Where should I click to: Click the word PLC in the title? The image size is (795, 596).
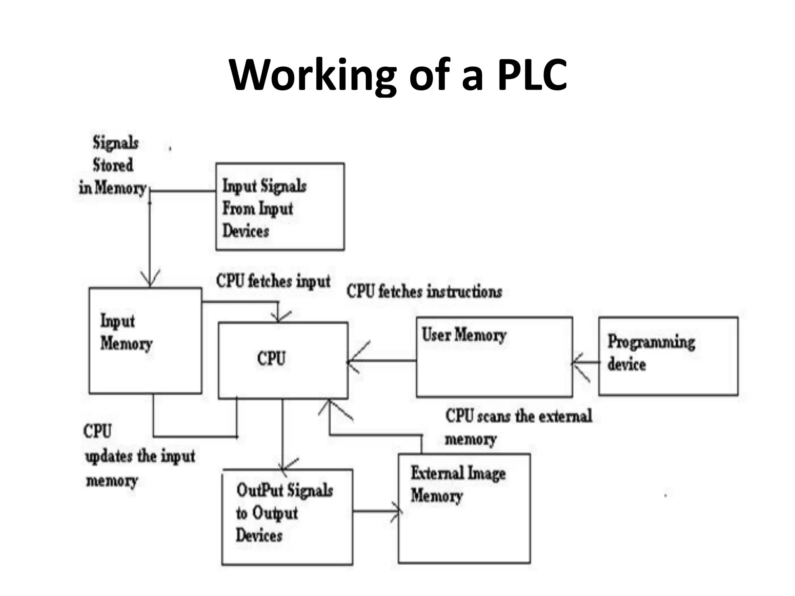coord(532,74)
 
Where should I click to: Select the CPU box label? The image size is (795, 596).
coord(271,358)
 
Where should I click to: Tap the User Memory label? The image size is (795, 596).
coord(464,335)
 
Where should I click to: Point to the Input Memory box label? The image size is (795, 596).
coord(126,332)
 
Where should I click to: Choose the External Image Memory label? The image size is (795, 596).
coord(458,484)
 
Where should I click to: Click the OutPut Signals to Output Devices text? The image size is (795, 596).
coord(284,513)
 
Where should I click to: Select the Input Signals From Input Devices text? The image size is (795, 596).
coord(264,208)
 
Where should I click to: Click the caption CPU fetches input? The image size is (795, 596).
coord(273,281)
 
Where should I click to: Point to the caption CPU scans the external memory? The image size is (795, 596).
coord(518,427)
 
